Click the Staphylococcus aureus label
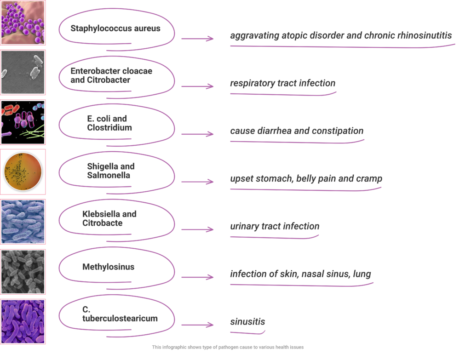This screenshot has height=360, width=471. [115, 29]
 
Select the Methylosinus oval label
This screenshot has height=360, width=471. [109, 267]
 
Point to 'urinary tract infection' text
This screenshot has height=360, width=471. [275, 227]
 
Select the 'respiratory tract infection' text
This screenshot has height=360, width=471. [282, 84]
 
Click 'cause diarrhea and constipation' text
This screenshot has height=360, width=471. [297, 131]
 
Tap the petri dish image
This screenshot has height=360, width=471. [23, 172]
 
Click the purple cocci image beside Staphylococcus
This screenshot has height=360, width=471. [23, 23]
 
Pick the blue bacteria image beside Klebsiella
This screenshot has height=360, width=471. [23, 222]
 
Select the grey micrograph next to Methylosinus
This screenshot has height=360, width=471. [23, 271]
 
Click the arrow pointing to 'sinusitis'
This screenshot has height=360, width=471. [197, 325]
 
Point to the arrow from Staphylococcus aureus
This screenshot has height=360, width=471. [197, 39]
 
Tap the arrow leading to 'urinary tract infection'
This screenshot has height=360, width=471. [197, 229]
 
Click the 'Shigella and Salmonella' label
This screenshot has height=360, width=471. [111, 171]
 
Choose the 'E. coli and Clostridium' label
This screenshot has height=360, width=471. [109, 123]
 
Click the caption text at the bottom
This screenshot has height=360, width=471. [228, 347]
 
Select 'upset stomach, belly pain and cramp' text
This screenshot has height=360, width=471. [306, 179]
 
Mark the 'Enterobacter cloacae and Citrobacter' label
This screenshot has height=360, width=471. [111, 75]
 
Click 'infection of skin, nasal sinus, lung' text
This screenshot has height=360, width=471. [300, 274]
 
